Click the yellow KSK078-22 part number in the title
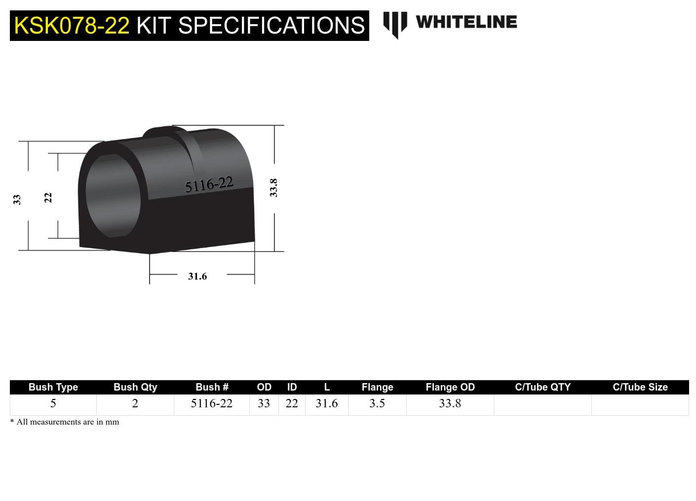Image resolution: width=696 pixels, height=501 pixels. (x=72, y=26)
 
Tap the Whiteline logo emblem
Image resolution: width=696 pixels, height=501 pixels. (x=395, y=24)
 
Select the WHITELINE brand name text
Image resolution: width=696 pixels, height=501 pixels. (x=466, y=22)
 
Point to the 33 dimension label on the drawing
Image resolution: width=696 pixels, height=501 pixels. (x=17, y=199)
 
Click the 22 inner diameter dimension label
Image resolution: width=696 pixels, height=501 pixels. (x=48, y=197)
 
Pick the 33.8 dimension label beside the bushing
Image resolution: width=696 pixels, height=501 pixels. (x=273, y=188)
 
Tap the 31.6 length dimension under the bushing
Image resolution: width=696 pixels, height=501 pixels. (x=197, y=276)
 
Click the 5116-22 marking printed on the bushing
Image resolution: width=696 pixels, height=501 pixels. (x=209, y=184)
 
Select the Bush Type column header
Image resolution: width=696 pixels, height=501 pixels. (x=53, y=387)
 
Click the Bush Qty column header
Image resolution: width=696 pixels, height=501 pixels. (x=135, y=387)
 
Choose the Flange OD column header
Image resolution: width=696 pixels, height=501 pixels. (x=450, y=387)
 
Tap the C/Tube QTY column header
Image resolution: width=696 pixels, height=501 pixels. (x=542, y=387)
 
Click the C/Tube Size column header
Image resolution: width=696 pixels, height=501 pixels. (x=640, y=387)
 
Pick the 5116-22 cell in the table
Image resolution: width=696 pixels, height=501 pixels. (x=211, y=403)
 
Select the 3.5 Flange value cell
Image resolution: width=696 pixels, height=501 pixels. (x=377, y=403)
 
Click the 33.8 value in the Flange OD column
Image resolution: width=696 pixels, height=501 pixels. (x=450, y=403)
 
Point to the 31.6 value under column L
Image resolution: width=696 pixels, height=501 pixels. (x=327, y=403)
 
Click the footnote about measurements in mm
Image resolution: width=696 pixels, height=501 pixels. (x=65, y=422)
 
